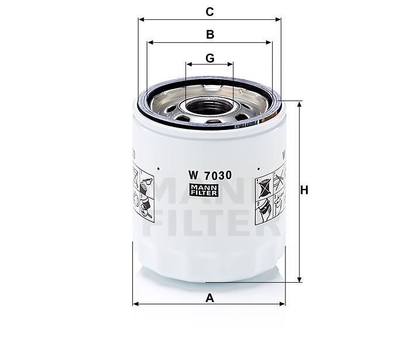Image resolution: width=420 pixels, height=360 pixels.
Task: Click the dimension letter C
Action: click(x=209, y=10)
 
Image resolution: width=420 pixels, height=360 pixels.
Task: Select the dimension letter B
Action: click(x=209, y=35)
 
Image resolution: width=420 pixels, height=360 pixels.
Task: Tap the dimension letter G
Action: click(x=209, y=58)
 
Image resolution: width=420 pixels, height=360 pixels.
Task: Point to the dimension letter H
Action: click(x=305, y=190)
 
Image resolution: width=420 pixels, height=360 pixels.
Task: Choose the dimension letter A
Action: click(x=209, y=298)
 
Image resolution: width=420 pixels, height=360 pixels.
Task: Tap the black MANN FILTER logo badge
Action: click(x=209, y=188)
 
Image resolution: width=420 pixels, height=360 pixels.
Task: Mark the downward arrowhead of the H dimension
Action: click(x=300, y=279)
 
